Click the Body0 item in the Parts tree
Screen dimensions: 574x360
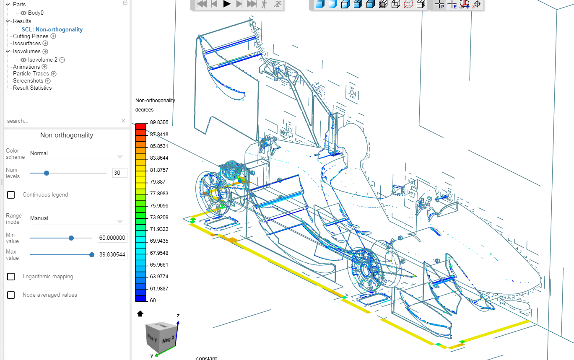click(x=36, y=13)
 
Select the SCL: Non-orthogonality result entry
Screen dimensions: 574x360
click(x=52, y=29)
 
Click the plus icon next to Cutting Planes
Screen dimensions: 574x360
click(x=53, y=36)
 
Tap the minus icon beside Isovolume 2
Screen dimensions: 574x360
click(x=62, y=60)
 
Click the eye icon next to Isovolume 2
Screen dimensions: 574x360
click(x=23, y=60)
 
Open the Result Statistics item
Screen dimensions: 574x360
click(x=32, y=88)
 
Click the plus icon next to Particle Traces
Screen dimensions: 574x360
click(x=54, y=74)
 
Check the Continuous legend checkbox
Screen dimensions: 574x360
click(x=11, y=195)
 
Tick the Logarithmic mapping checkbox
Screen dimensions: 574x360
click(x=11, y=277)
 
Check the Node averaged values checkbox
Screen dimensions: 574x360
click(x=11, y=295)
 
